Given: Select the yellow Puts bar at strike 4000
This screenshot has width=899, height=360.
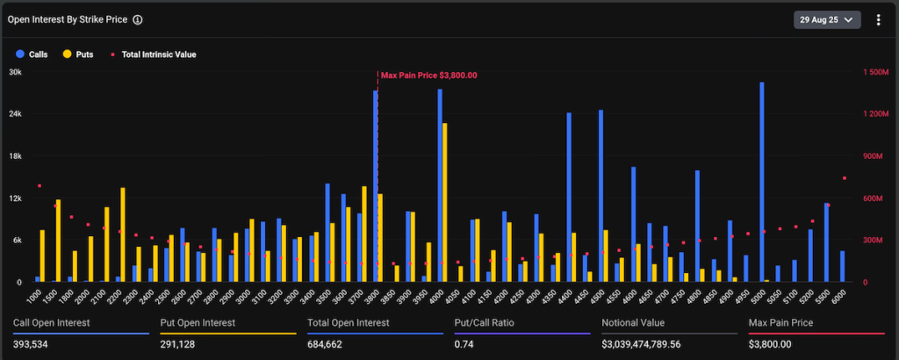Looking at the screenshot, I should point(445,203).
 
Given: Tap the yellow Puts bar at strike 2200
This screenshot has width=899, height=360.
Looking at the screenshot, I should point(123,235).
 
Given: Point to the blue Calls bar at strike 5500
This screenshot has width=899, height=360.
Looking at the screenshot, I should point(826,242).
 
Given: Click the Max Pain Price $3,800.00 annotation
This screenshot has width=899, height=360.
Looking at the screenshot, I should point(428,76).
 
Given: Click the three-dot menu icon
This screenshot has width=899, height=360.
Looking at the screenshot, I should point(878,19).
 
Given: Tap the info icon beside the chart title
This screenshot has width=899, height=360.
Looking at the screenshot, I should point(138,19).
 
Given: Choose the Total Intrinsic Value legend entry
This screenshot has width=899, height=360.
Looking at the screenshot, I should point(154,54).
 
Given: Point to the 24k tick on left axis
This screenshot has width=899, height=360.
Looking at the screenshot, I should point(15,114).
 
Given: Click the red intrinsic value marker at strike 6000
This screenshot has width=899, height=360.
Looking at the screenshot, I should point(844,178).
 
